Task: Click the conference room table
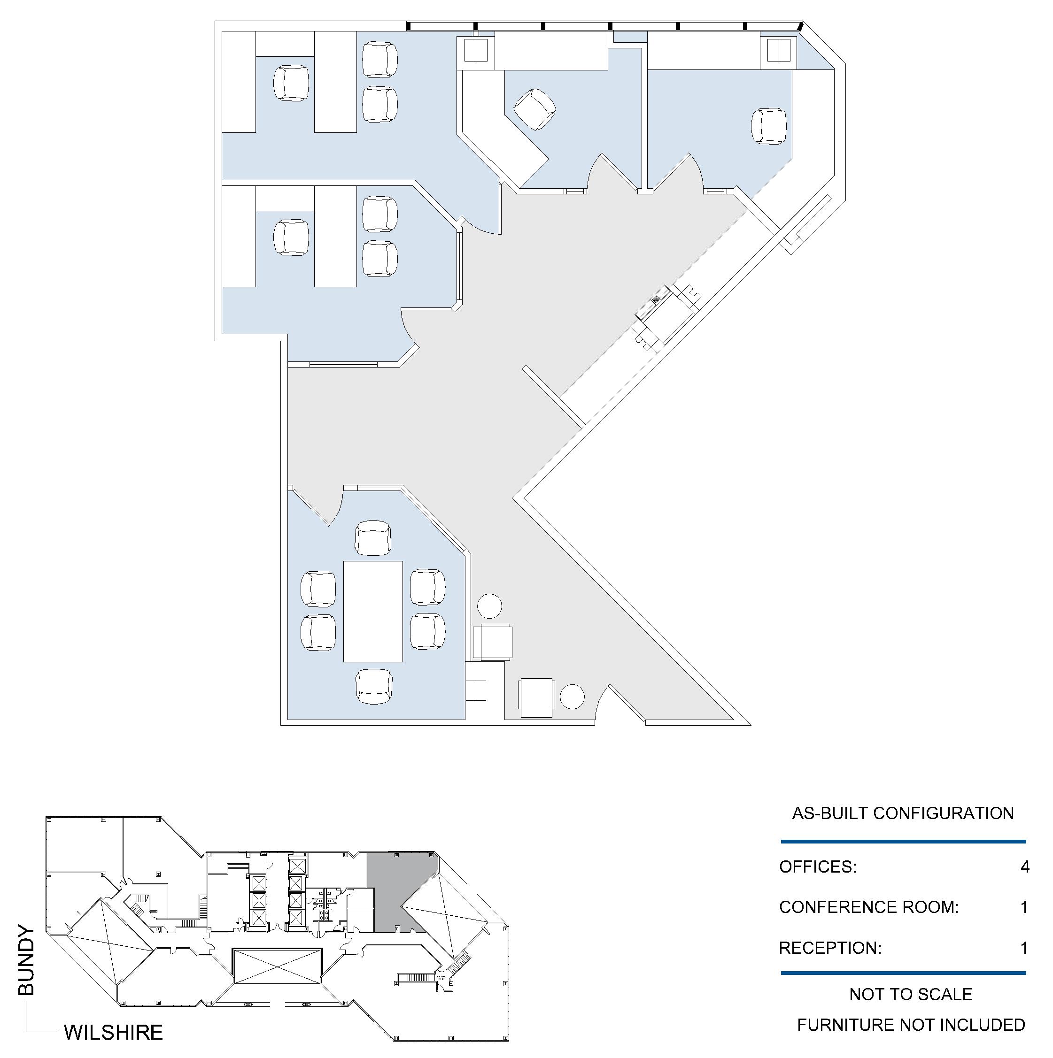coord(373,611)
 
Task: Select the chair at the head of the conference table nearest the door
coord(372,538)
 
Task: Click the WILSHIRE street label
coord(113,1032)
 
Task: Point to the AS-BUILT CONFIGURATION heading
coord(902,813)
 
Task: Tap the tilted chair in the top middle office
coord(534,109)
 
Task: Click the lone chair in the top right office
coord(769,127)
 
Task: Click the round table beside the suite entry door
coord(572,697)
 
